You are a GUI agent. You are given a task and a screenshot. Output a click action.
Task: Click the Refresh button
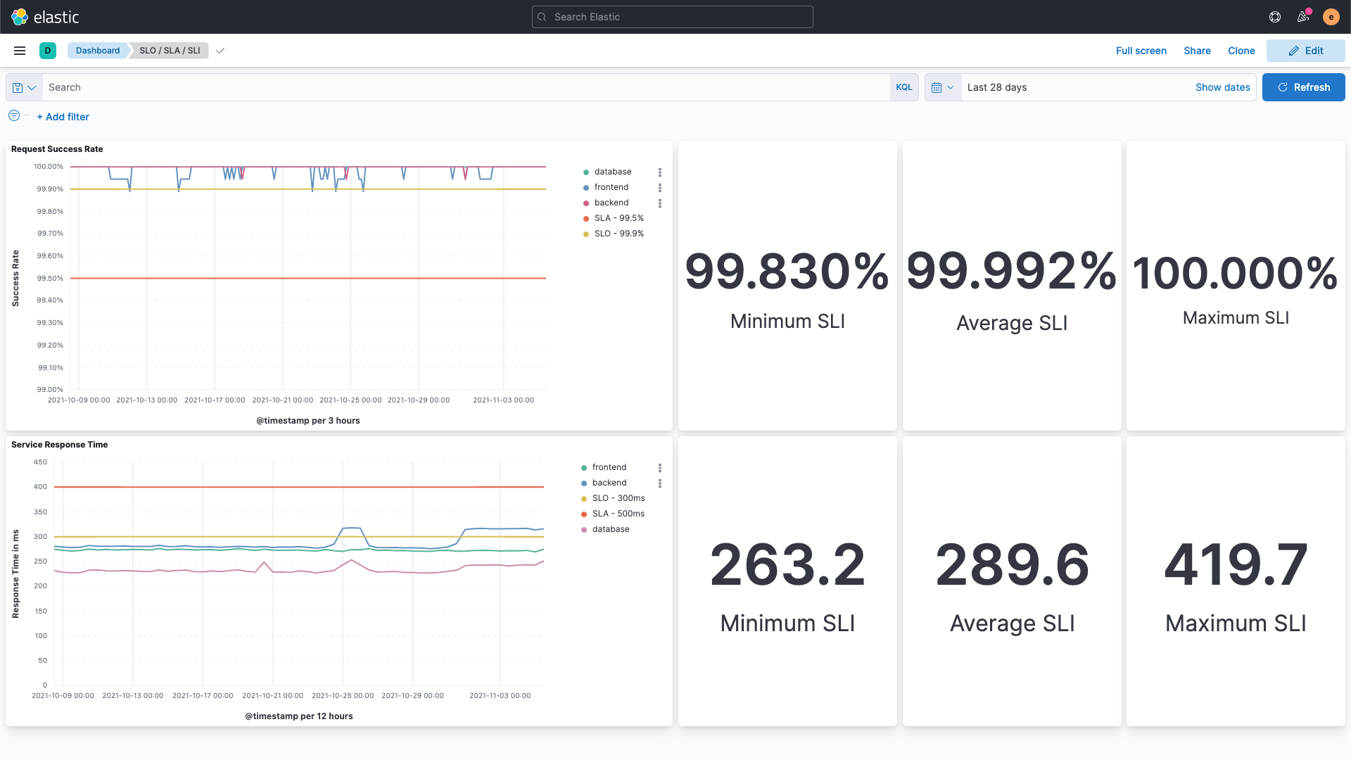click(1303, 87)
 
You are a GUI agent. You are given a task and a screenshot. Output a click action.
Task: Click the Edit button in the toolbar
click(1305, 51)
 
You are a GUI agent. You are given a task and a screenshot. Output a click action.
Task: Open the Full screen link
click(1141, 51)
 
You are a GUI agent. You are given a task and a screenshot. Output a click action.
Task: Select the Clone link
click(1241, 51)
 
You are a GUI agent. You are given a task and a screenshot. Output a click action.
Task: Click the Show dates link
click(1222, 87)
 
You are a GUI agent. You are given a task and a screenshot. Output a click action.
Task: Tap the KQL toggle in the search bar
click(903, 87)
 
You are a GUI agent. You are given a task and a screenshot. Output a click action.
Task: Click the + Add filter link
click(63, 117)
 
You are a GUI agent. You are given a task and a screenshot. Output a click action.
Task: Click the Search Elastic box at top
click(672, 17)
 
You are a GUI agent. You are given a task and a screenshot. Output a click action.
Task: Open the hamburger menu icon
click(20, 51)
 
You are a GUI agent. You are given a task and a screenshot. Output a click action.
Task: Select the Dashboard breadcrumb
click(97, 51)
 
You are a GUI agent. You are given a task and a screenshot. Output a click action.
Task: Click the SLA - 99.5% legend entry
click(618, 218)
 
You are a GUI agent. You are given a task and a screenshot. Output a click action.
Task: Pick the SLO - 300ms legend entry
click(617, 498)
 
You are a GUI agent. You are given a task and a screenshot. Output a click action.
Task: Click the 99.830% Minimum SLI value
click(787, 272)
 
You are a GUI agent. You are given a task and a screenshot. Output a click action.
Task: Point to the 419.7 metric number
click(1235, 564)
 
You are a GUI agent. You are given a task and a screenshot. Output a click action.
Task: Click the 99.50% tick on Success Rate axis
click(50, 279)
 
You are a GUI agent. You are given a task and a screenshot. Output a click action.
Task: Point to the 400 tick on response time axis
click(40, 487)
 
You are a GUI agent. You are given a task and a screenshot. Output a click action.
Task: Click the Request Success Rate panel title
click(57, 149)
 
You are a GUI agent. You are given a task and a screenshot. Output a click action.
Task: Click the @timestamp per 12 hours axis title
click(298, 716)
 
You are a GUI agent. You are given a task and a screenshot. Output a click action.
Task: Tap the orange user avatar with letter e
click(1330, 17)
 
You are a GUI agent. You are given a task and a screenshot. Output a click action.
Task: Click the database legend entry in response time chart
click(609, 529)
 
